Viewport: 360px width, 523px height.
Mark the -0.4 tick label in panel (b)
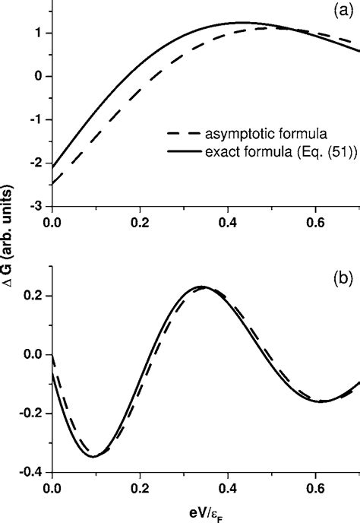[x=32, y=472]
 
